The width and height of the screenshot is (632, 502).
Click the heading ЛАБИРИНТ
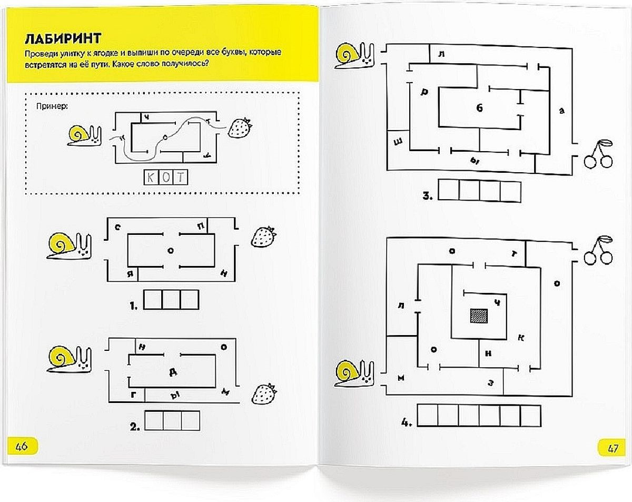63,38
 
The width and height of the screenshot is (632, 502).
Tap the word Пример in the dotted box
52,106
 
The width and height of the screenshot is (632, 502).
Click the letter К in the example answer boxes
151,178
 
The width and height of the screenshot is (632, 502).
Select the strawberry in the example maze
240,128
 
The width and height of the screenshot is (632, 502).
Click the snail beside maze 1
70,246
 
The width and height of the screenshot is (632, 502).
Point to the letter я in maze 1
130,274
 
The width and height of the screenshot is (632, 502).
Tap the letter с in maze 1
117,227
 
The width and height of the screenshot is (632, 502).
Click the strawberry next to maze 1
264,237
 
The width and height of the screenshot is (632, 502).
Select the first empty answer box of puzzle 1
153,300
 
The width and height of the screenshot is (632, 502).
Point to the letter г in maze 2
133,395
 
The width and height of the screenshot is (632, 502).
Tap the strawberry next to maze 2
264,394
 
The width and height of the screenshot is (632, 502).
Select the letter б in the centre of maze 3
479,108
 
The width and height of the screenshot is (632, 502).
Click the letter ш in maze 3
398,142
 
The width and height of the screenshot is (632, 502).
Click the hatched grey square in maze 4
479,316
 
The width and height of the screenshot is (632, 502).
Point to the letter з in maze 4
490,383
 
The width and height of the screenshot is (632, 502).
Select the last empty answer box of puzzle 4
530,415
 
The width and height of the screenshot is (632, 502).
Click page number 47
612,449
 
